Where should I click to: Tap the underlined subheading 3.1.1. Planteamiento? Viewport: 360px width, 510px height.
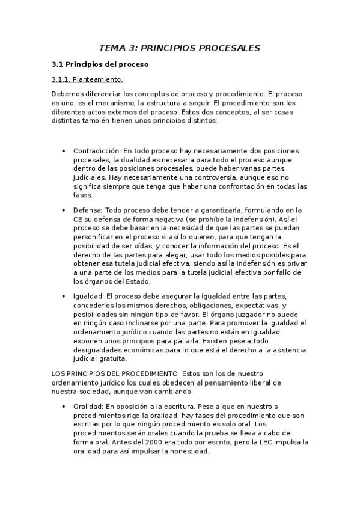click(x=87, y=79)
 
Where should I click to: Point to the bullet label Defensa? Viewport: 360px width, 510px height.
click(x=88, y=210)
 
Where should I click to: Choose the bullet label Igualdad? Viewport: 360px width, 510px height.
click(x=88, y=296)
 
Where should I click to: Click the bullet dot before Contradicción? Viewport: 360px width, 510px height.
click(x=64, y=150)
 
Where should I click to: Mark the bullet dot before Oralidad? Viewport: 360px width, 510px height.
click(x=64, y=407)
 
